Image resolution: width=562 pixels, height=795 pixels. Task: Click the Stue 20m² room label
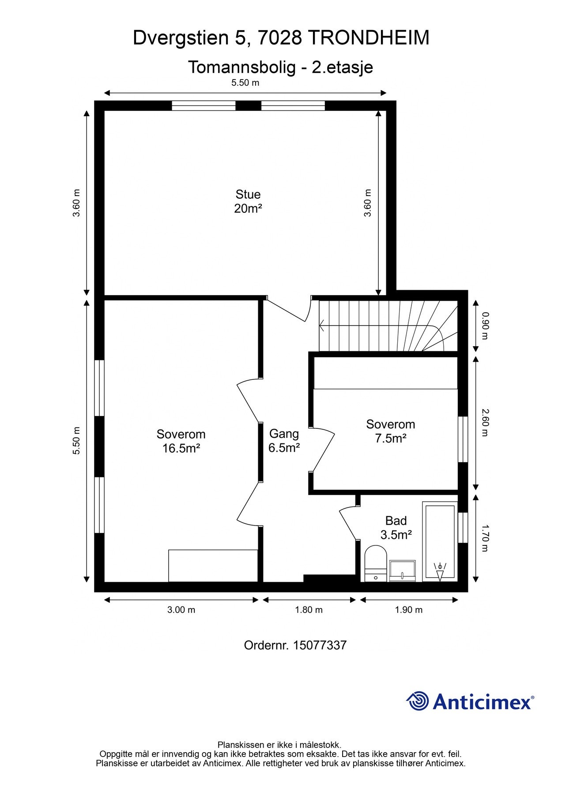pos(248,201)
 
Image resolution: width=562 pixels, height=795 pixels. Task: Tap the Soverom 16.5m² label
pos(181,441)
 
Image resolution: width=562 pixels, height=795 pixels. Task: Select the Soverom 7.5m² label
pos(390,432)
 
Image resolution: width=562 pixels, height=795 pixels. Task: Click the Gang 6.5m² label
pos(284,441)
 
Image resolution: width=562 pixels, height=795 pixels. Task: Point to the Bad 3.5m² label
pos(396,528)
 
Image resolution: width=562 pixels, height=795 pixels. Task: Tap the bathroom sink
pos(402,571)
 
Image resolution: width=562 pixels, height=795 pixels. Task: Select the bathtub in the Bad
pos(439,541)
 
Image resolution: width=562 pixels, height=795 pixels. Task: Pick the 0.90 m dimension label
pos(485,326)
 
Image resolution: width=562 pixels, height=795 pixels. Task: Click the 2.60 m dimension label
pos(485,423)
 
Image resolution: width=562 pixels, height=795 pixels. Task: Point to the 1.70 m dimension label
pos(485,538)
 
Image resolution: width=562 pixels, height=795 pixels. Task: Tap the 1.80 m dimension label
pos(309,610)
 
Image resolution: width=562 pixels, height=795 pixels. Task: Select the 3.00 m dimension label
pos(181,610)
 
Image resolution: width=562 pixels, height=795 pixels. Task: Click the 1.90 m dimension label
pos(408,610)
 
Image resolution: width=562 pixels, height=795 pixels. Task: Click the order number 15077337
pos(320,645)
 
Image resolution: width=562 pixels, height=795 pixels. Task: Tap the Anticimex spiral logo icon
pos(417,701)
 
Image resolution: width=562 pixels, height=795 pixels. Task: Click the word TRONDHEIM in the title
pos(368,38)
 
